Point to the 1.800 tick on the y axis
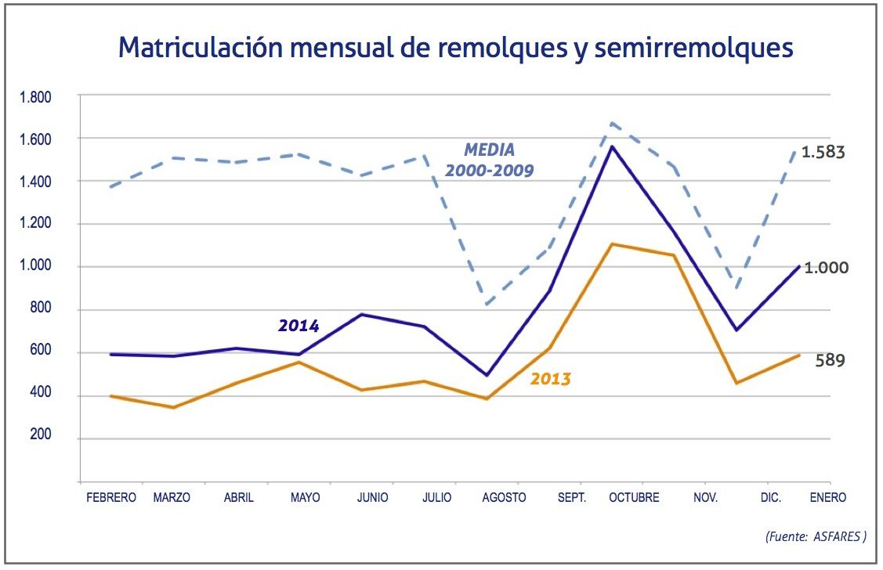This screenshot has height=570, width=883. pyautogui.click(x=35, y=98)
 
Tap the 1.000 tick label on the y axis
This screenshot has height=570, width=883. pyautogui.click(x=35, y=266)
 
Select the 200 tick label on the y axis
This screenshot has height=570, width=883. pyautogui.click(x=40, y=437)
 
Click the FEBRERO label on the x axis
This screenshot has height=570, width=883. pyautogui.click(x=111, y=498)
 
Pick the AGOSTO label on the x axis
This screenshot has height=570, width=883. pyautogui.click(x=504, y=498)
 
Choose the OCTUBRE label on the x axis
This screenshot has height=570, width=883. pyautogui.click(x=634, y=498)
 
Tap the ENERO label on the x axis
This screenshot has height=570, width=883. pyautogui.click(x=827, y=498)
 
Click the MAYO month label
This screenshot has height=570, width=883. pyautogui.click(x=305, y=498)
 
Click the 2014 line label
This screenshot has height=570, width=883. pyautogui.click(x=299, y=326)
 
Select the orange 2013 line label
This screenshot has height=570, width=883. pyautogui.click(x=551, y=380)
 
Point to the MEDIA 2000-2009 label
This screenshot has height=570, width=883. pyautogui.click(x=490, y=160)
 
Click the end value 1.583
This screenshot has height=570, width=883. pyautogui.click(x=823, y=152)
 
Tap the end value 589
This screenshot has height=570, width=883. pyautogui.click(x=829, y=361)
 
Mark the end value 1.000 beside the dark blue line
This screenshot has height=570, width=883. pyautogui.click(x=825, y=267)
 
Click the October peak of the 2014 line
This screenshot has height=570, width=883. pyautogui.click(x=611, y=146)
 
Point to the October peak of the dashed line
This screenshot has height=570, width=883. pyautogui.click(x=611, y=123)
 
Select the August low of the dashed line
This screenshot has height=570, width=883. pyautogui.click(x=487, y=304)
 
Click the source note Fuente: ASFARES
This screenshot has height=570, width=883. pyautogui.click(x=815, y=537)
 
